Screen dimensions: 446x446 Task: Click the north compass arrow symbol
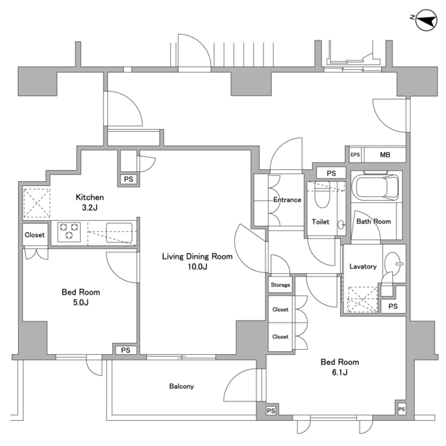click(426, 20)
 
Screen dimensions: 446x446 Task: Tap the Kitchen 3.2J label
click(90, 202)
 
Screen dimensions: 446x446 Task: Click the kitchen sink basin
click(119, 233)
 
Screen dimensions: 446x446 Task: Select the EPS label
click(355, 155)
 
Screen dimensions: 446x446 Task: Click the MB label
click(385, 155)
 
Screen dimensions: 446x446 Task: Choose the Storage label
click(280, 285)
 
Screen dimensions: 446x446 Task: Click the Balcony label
click(181, 386)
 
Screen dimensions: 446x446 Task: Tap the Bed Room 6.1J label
click(339, 367)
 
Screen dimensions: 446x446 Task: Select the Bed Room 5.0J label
click(81, 298)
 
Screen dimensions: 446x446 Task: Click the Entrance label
click(287, 200)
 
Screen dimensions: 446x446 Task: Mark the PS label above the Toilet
click(331, 174)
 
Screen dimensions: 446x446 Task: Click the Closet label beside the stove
click(34, 235)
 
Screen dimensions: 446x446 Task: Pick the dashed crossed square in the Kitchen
click(37, 203)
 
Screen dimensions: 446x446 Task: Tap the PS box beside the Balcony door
click(271, 410)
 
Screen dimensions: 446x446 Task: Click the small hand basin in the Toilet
click(341, 224)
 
